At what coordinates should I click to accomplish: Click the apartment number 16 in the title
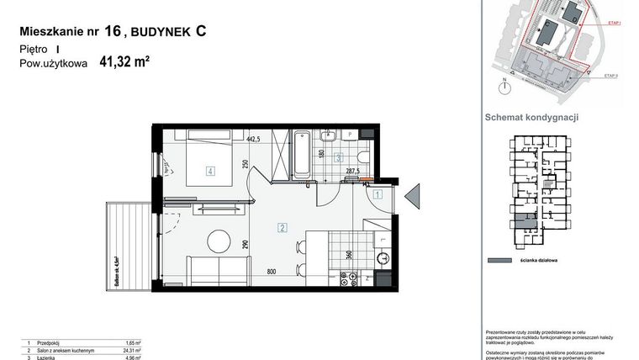(112, 32)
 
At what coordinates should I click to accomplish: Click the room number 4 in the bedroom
(211, 171)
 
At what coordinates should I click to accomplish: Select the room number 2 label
(283, 227)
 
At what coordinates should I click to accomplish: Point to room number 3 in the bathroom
(338, 157)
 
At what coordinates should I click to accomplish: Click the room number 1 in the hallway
(378, 194)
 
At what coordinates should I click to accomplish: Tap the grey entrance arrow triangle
(413, 196)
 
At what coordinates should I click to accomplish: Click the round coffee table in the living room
(219, 241)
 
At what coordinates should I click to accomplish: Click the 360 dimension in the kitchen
(349, 254)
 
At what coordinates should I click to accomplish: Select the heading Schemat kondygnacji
(532, 118)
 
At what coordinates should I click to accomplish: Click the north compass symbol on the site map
(504, 85)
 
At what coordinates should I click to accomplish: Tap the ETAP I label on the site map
(611, 26)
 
